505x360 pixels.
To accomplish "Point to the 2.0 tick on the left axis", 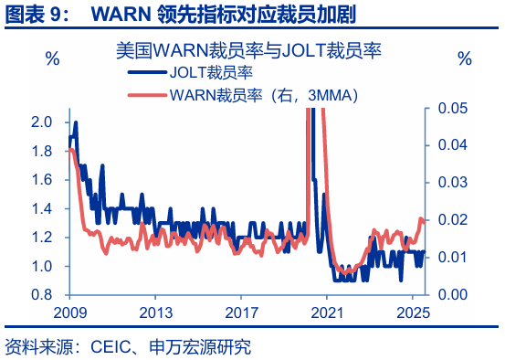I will point(41,122).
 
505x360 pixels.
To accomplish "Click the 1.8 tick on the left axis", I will point(41,151).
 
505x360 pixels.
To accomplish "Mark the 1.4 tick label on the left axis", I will point(41,209).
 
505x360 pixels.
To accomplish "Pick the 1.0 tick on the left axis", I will point(41,267).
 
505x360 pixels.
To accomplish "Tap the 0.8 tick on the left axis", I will point(41,296).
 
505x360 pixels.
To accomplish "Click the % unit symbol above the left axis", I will point(53,60).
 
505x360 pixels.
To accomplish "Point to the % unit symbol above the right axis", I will point(465,60).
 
